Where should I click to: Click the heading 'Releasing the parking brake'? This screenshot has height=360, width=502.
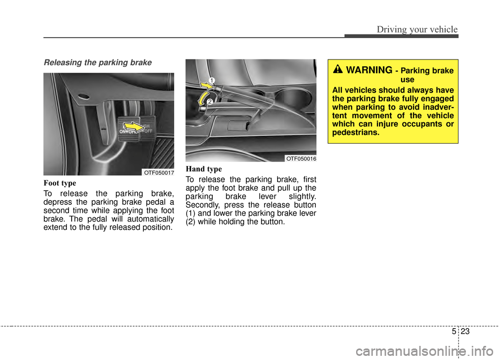click(x=97, y=63)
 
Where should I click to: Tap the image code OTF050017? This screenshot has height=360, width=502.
click(x=158, y=172)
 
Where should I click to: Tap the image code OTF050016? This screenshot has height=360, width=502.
click(x=300, y=158)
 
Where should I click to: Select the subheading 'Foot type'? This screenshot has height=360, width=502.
click(x=60, y=183)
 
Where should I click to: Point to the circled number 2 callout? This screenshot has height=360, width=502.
click(x=209, y=102)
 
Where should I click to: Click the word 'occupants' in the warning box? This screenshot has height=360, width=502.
click(x=412, y=123)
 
